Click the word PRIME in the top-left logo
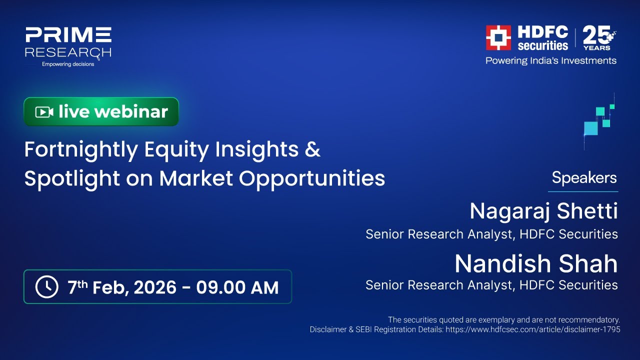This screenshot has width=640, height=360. pyautogui.click(x=68, y=35)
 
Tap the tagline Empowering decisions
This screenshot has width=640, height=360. pyautogui.click(x=68, y=64)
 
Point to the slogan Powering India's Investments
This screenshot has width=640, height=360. pyautogui.click(x=551, y=60)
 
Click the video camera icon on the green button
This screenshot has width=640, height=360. pyautogui.click(x=44, y=112)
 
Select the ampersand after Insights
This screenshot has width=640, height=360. pyautogui.click(x=312, y=149)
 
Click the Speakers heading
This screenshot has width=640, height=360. pyautogui.click(x=584, y=177)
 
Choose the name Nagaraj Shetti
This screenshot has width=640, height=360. pyautogui.click(x=543, y=211)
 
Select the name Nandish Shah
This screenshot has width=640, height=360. pyautogui.click(x=536, y=263)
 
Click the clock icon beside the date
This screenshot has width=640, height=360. pyautogui.click(x=47, y=287)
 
